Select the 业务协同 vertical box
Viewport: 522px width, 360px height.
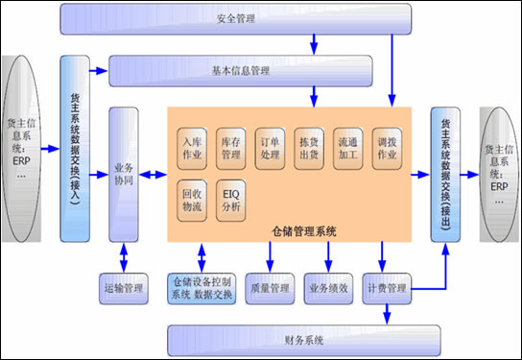pos(124,174)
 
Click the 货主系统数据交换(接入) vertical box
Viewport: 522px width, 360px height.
pos(75,149)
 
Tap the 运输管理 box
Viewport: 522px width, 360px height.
pos(125,287)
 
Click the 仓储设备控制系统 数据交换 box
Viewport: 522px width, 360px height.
pos(201,287)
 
